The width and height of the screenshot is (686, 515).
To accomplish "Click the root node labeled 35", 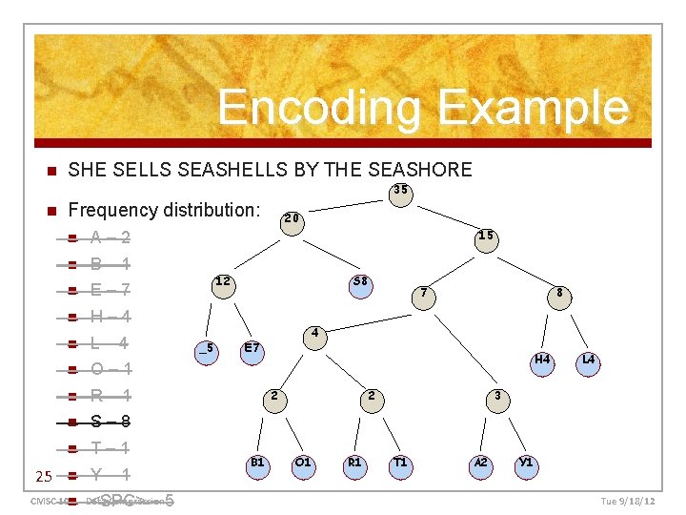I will tap(401, 192).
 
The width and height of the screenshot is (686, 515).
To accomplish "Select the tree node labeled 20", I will tap(293, 219).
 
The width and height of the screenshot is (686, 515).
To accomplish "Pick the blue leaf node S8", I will tap(361, 284).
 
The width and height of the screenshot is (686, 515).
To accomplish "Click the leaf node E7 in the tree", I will tap(252, 350).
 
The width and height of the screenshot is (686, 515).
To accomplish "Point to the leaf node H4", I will tap(542, 361).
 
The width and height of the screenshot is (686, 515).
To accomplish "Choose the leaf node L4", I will tap(588, 361).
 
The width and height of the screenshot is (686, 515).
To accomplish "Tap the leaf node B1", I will tap(257, 464).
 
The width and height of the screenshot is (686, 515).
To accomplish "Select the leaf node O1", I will tap(303, 464).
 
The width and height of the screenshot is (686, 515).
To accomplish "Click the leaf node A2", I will tap(481, 464).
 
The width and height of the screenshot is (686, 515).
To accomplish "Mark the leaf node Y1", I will tap(526, 464).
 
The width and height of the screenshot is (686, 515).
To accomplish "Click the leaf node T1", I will tap(401, 464).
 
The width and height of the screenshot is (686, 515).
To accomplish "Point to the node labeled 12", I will tap(223, 283).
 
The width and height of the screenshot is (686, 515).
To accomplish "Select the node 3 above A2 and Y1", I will tap(496, 397).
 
